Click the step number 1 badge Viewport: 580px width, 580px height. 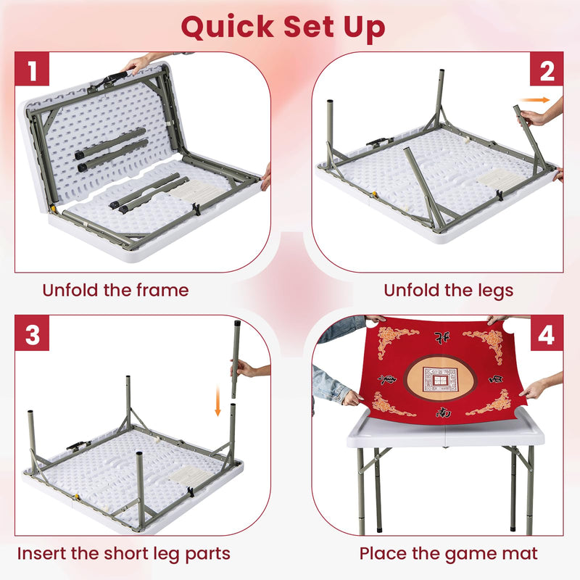(x=32, y=71)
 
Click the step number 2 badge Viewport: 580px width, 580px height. (x=547, y=71)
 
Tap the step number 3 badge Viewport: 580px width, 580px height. (x=32, y=334)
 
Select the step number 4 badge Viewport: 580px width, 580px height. (x=547, y=334)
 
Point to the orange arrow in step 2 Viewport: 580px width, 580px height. (x=534, y=100)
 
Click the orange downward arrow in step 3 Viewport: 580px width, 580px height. (x=217, y=402)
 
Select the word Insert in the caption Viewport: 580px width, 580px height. (x=44, y=554)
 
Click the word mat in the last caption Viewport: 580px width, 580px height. (x=521, y=554)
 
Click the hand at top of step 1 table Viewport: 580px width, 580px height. (x=136, y=64)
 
